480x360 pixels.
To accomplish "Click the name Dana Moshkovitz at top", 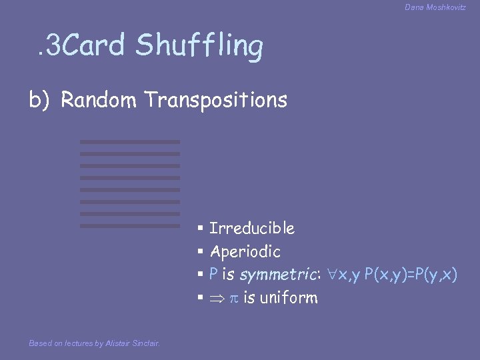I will click(435, 7).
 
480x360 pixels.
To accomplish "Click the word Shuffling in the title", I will click(199, 46).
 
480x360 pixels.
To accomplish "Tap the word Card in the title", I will click(96, 45).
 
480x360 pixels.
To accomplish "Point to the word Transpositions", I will click(215, 100).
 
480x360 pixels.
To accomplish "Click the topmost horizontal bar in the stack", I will click(130, 142).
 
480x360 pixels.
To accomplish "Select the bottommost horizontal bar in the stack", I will click(130, 226).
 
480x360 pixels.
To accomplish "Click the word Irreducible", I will click(252, 229).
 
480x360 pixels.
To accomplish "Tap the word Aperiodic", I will click(245, 252).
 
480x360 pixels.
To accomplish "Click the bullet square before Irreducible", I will click(200, 229).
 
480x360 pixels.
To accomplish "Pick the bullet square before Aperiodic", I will click(200, 252).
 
